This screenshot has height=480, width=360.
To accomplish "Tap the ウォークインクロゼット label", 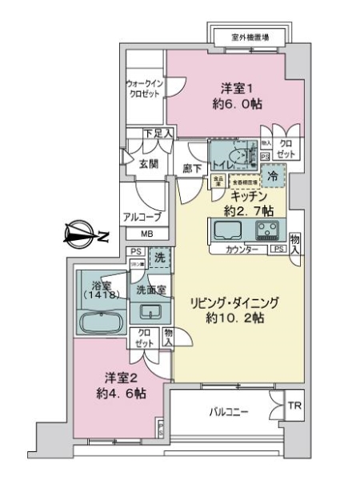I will (x=146, y=88).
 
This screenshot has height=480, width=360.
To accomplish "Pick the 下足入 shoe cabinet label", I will (x=158, y=133).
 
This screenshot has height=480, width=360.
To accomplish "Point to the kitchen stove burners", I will (x=267, y=232).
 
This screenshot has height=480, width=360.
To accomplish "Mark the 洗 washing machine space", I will (x=160, y=259).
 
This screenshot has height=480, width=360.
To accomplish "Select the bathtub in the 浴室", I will (x=100, y=323).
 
